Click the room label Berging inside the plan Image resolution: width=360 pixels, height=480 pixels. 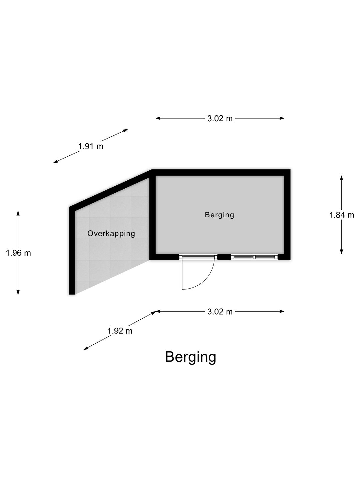pos(219,215)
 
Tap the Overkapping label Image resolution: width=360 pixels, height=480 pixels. pos(111,234)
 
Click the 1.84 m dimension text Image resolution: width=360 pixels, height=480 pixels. pos(341,215)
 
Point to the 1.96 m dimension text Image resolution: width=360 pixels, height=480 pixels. pos(18,253)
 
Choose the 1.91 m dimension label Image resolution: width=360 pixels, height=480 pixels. pos(91,146)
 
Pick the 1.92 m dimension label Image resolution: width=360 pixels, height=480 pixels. pos(120,331)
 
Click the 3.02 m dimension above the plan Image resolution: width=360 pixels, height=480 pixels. pos(220,119)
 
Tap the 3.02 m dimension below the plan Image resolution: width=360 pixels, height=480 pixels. pos(220,312)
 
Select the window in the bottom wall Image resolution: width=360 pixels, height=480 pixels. pos(254,257)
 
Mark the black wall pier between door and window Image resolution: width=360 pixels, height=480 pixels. pos(224,257)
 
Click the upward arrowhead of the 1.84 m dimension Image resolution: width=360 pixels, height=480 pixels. pos(341,178)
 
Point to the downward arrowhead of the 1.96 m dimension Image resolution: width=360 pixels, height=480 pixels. pos(18,292)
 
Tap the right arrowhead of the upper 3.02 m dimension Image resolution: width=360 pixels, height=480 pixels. pos(282,118)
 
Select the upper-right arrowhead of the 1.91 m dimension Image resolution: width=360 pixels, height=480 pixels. pos(125,130)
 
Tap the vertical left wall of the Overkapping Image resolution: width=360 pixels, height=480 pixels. pos(72,251)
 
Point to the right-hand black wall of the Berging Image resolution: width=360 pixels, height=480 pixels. pos(287,215)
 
